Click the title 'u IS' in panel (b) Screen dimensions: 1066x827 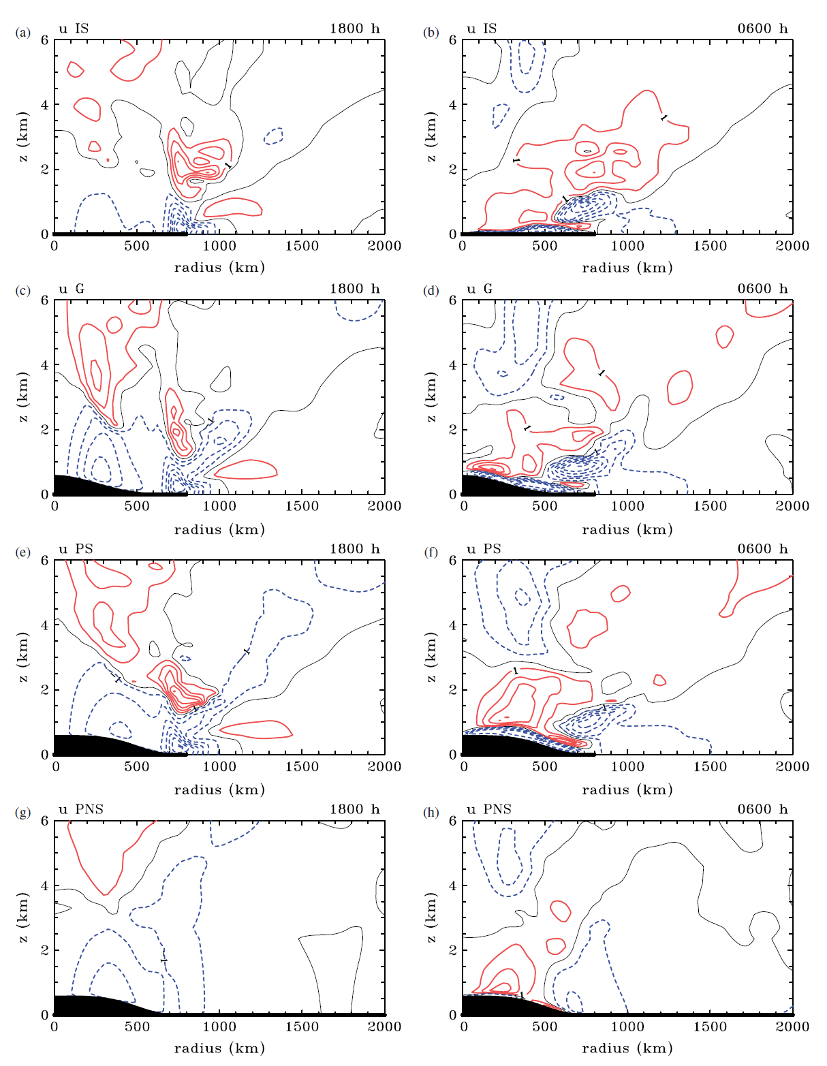482,29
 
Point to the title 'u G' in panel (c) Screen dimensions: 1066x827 72,289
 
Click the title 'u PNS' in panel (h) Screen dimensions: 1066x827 488,809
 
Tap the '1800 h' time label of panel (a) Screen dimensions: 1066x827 354,29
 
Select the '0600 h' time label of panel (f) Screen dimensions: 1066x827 762,549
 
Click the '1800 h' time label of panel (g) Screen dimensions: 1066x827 354,809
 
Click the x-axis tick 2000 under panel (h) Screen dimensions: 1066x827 793,1026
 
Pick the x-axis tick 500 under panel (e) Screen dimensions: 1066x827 137,766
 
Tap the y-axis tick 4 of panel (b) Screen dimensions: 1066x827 452,105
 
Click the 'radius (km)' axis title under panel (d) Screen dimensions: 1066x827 627,529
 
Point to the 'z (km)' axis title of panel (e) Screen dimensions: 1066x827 24,657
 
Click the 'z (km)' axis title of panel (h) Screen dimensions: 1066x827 432,918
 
